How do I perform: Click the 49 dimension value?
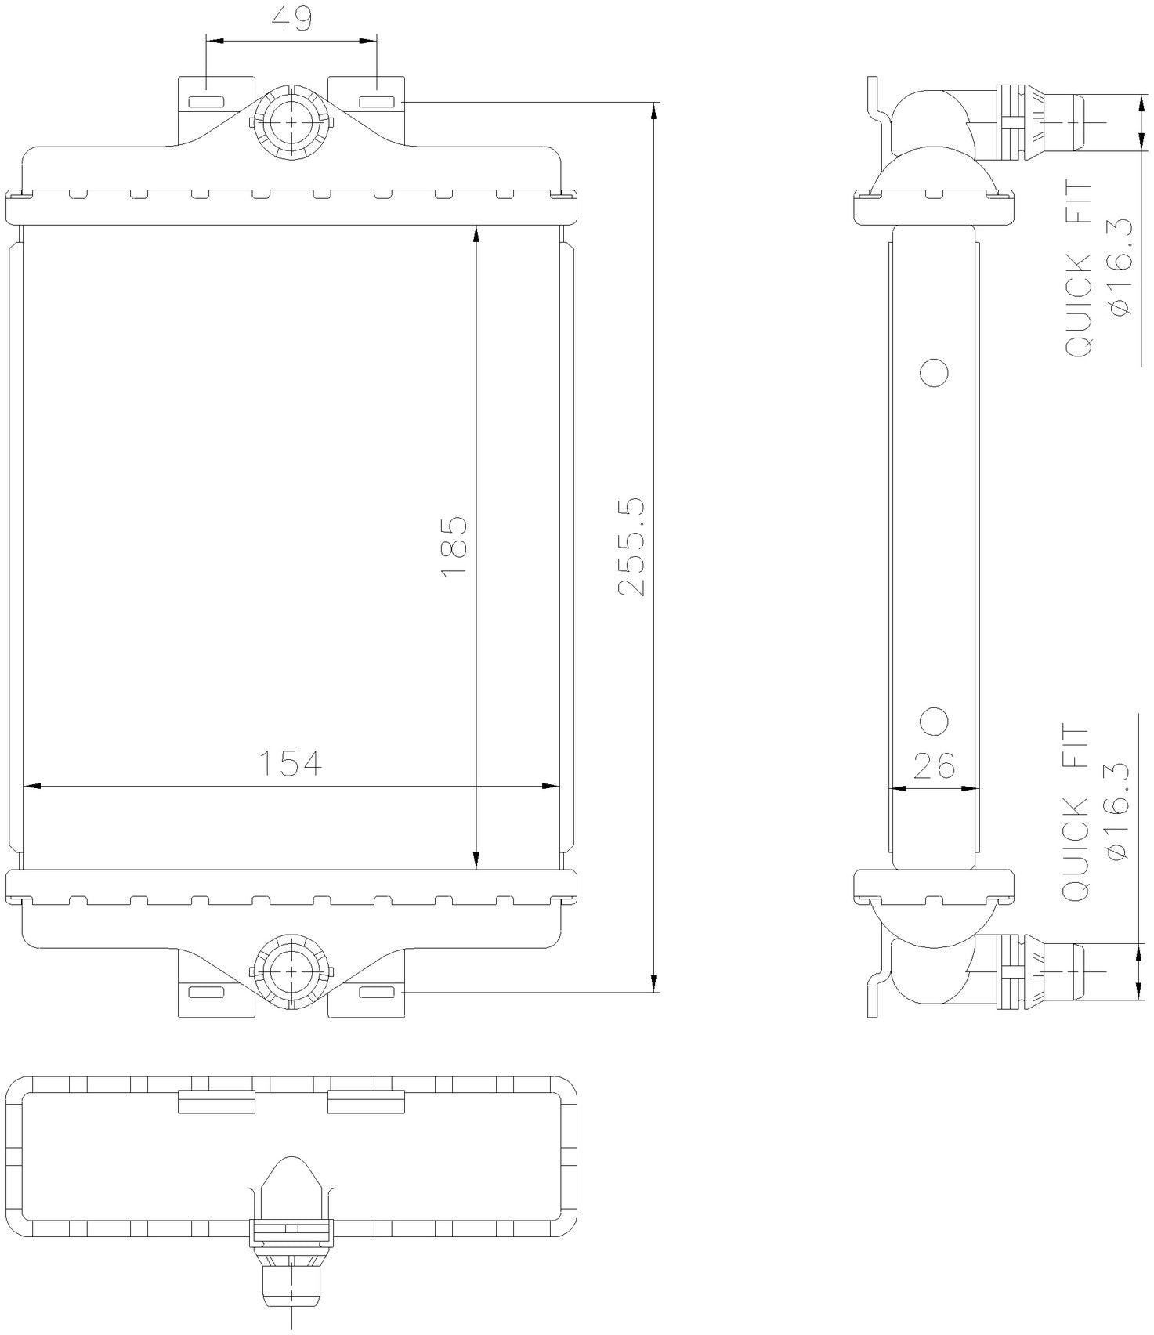click(291, 18)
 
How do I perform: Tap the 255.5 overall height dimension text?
click(631, 546)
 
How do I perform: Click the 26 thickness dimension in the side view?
click(934, 765)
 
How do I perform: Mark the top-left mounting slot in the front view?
click(206, 102)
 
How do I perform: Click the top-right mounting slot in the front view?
click(377, 102)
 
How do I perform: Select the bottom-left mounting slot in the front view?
click(206, 993)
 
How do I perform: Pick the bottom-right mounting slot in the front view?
click(377, 993)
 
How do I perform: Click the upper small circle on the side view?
click(935, 373)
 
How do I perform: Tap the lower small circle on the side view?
click(935, 722)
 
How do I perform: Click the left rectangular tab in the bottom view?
click(217, 1102)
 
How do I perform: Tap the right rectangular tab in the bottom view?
click(366, 1102)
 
